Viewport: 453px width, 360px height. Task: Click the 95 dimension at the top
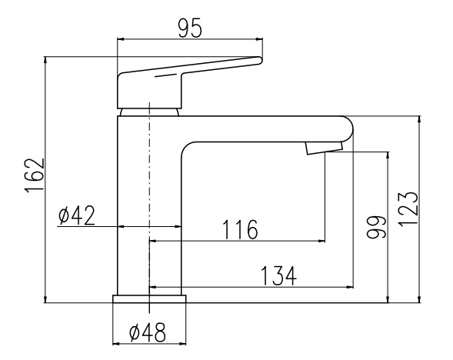pyautogui.click(x=189, y=28)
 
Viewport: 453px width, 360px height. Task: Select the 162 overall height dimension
pyautogui.click(x=35, y=175)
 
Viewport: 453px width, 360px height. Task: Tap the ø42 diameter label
pyautogui.click(x=76, y=215)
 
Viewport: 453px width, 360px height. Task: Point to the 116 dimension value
pyautogui.click(x=240, y=229)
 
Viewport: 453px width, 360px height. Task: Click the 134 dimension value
pyautogui.click(x=278, y=275)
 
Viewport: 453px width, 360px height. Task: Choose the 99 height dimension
pyautogui.click(x=376, y=227)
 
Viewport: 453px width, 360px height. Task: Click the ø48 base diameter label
pyautogui.click(x=148, y=332)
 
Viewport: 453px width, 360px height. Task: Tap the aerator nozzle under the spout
pyautogui.click(x=324, y=148)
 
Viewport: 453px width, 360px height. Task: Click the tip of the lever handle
pyautogui.click(x=260, y=60)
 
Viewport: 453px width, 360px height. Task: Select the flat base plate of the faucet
pyautogui.click(x=149, y=298)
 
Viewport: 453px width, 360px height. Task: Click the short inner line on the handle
pyautogui.click(x=165, y=75)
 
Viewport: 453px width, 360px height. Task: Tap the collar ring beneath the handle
pyautogui.click(x=149, y=112)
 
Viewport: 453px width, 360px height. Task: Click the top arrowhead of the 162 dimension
pyautogui.click(x=45, y=60)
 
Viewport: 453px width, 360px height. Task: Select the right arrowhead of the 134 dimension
pyautogui.click(x=350, y=287)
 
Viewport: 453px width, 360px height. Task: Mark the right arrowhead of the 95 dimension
pyautogui.click(x=259, y=38)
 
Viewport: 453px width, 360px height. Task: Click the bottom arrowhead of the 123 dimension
pyautogui.click(x=420, y=299)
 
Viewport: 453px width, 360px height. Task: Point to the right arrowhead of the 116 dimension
pyautogui.click(x=321, y=241)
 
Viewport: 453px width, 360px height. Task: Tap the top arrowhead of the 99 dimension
pyautogui.click(x=388, y=155)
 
